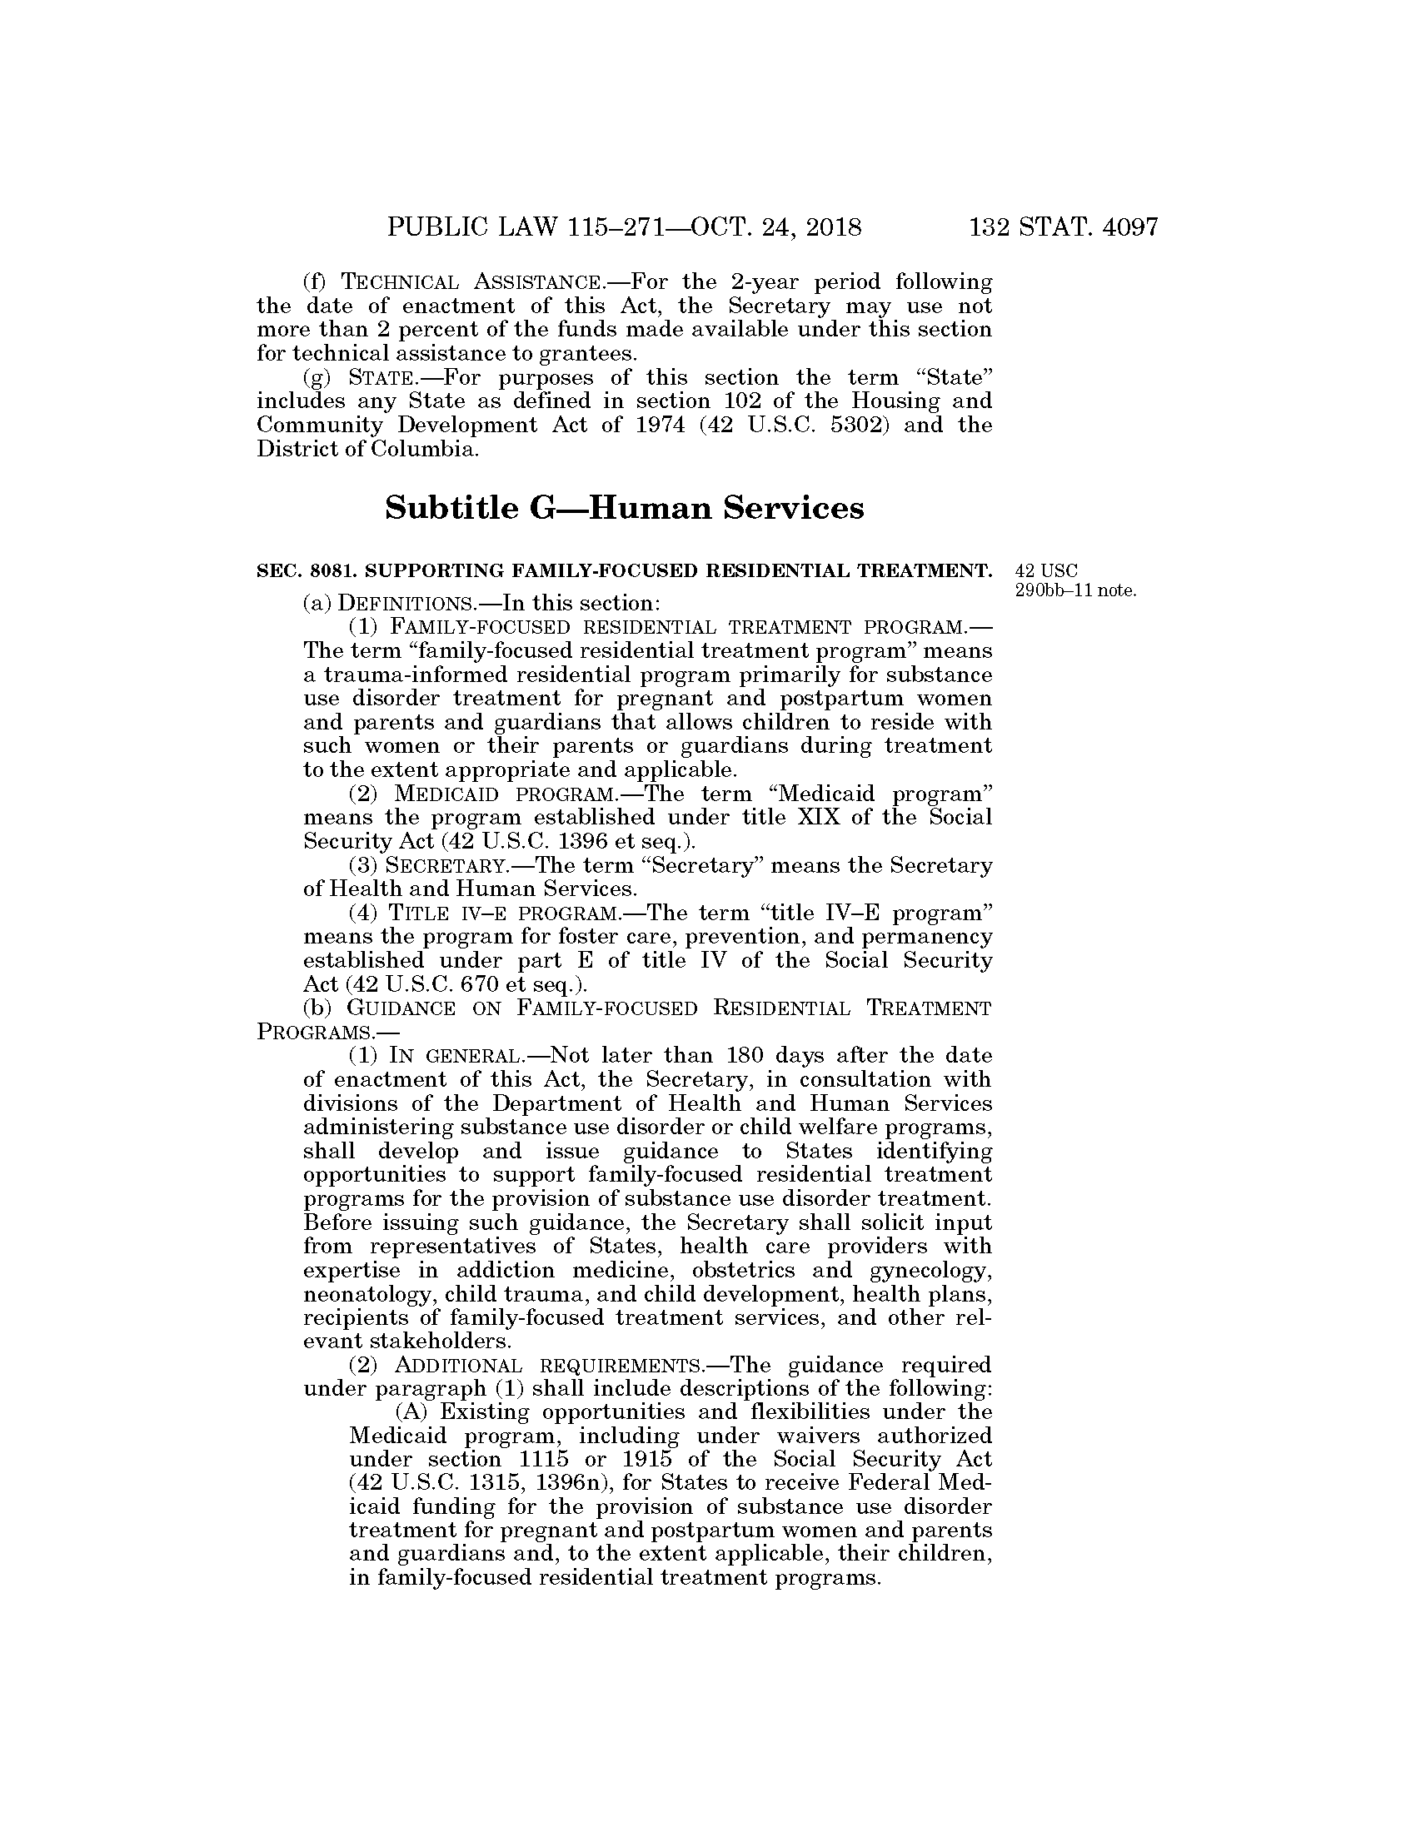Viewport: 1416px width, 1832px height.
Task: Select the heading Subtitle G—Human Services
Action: [624, 508]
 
